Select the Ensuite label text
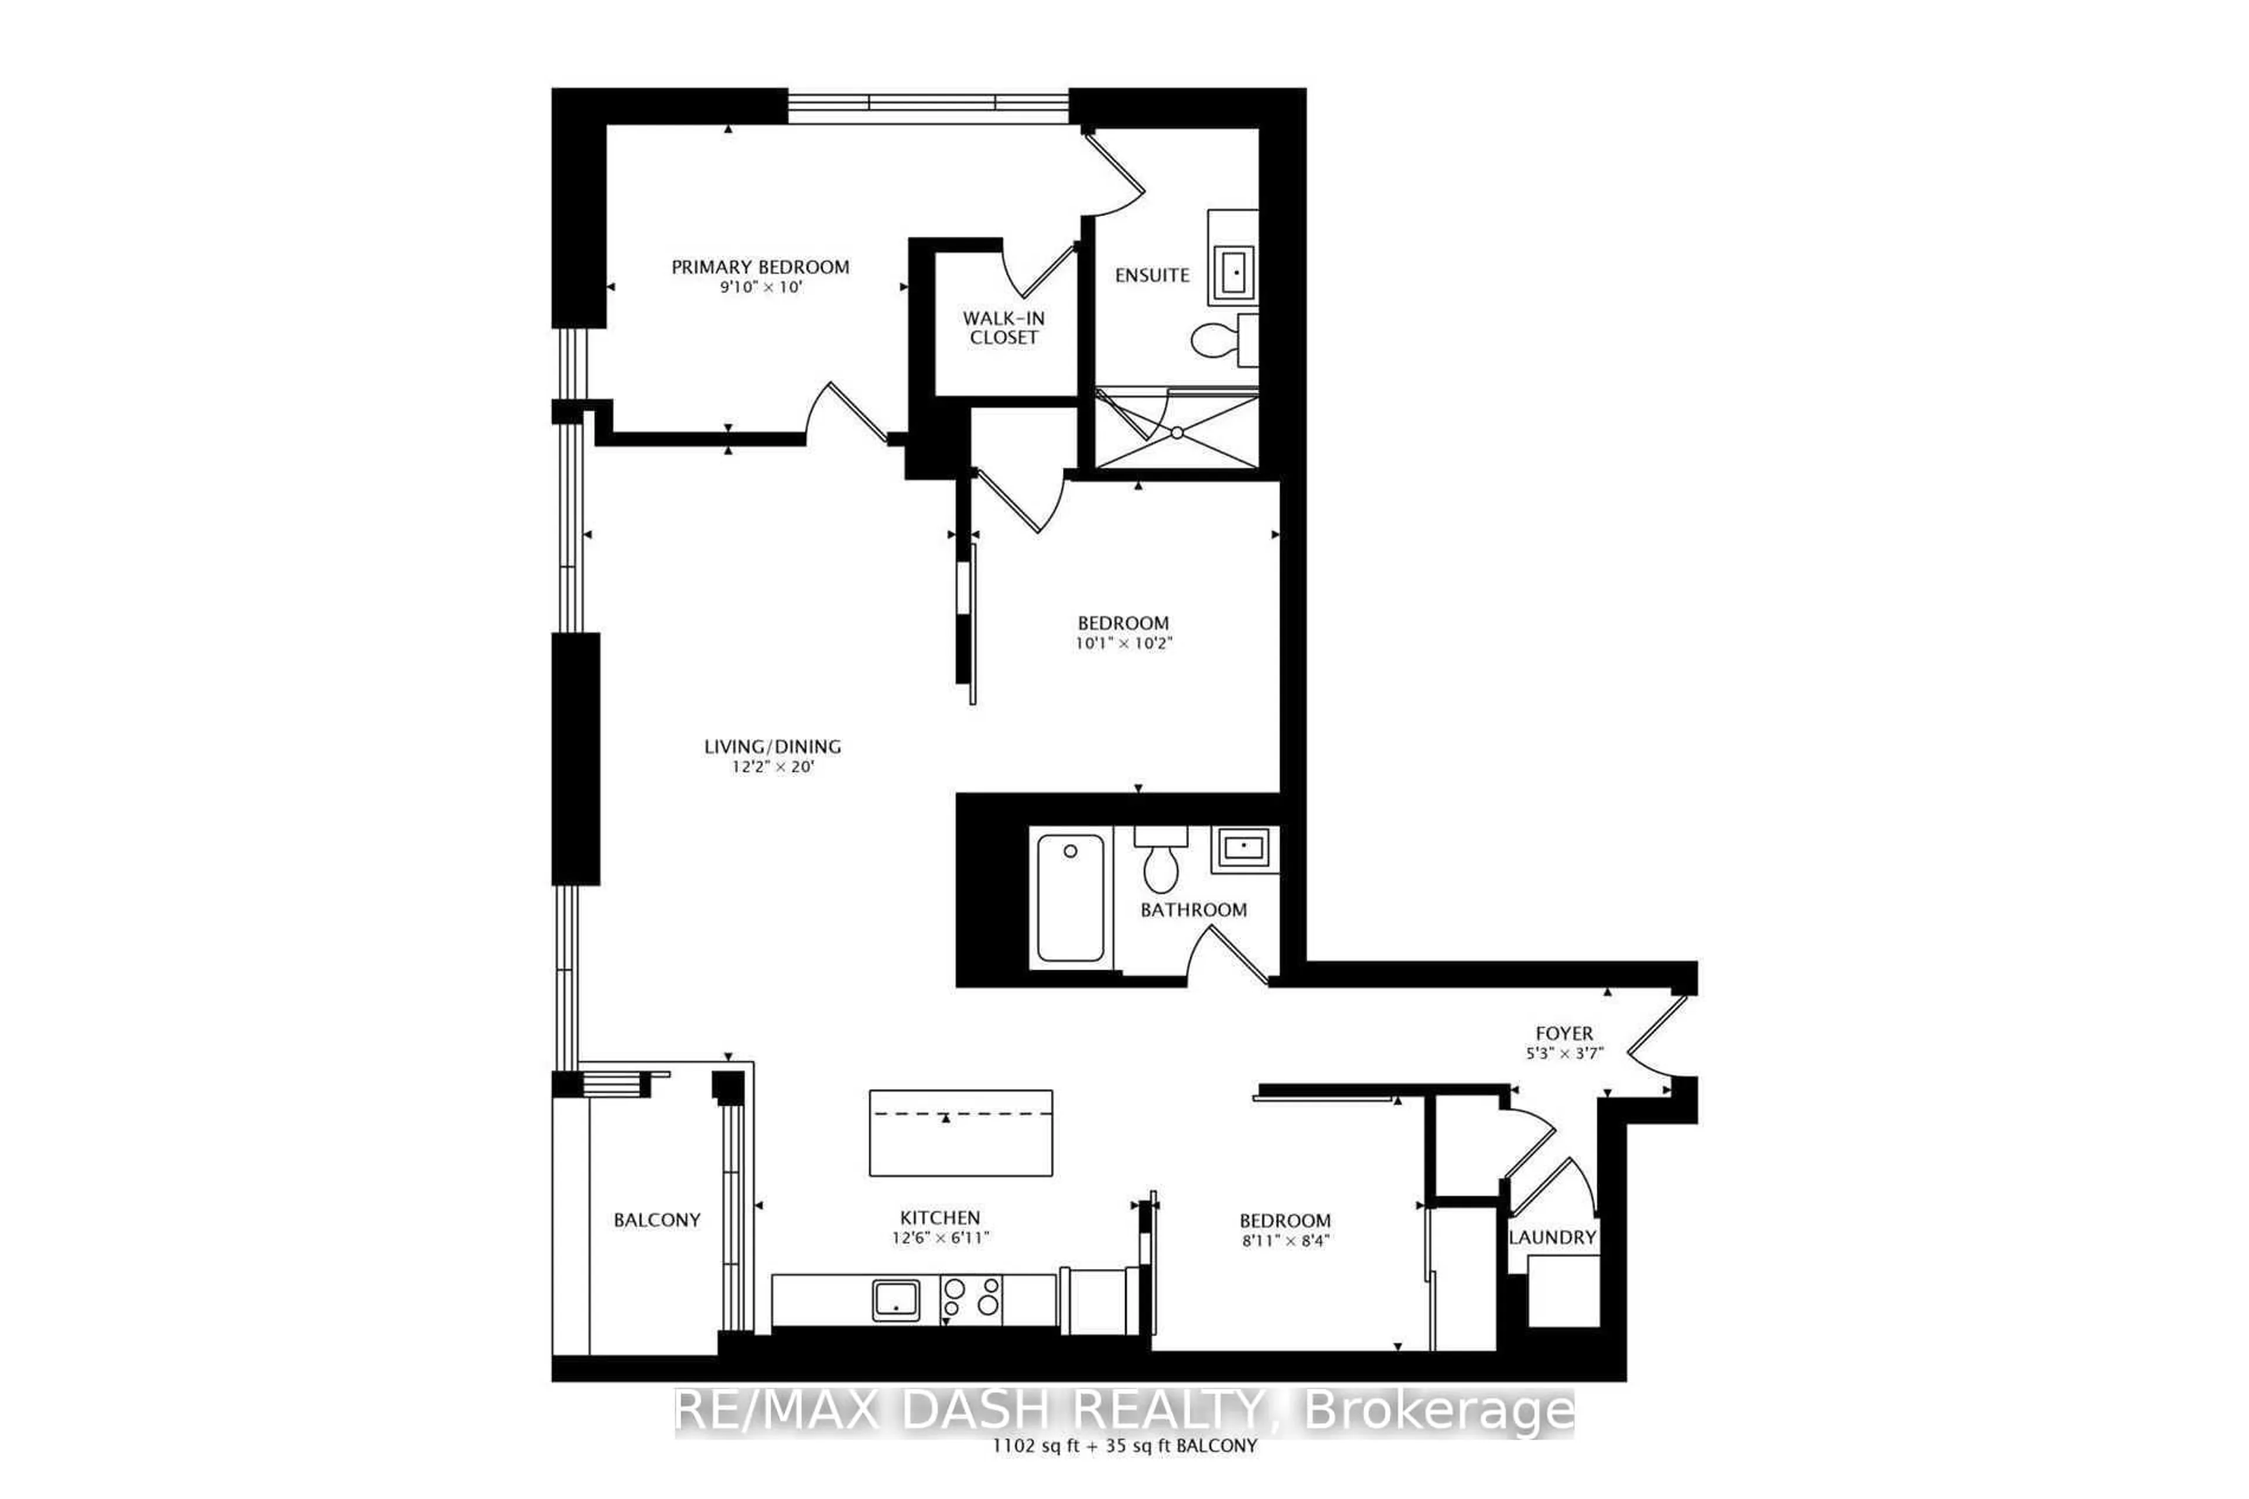[1152, 275]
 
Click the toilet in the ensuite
[1216, 339]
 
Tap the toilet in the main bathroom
[1160, 861]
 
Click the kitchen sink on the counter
[896, 1300]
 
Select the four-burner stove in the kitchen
[971, 1300]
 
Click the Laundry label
[1552, 1238]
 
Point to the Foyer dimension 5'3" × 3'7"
[1564, 1053]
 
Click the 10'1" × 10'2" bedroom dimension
[1123, 643]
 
